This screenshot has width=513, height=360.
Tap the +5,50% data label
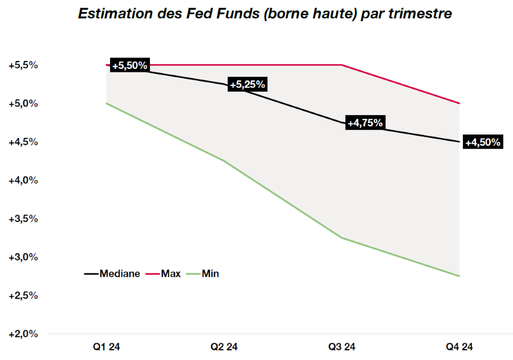[129, 66]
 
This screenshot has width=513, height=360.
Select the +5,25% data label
[247, 84]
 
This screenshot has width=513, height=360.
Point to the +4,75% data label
[365, 122]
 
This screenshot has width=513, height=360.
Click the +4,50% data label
[482, 142]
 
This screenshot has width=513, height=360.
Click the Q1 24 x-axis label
[107, 347]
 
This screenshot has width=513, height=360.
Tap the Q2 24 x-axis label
[224, 347]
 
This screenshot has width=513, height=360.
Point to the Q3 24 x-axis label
[341, 347]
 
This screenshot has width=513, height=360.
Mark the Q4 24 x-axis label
[459, 347]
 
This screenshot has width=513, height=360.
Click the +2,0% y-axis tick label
[23, 334]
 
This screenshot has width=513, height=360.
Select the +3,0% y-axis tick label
[23, 257]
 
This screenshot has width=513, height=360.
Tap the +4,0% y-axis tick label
[23, 181]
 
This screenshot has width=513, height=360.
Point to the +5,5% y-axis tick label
[23, 66]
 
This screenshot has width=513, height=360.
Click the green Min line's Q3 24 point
[341, 238]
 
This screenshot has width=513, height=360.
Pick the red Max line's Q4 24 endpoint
[459, 103]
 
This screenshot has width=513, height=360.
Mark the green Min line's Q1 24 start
[107, 103]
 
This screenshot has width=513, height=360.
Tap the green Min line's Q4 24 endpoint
[459, 276]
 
